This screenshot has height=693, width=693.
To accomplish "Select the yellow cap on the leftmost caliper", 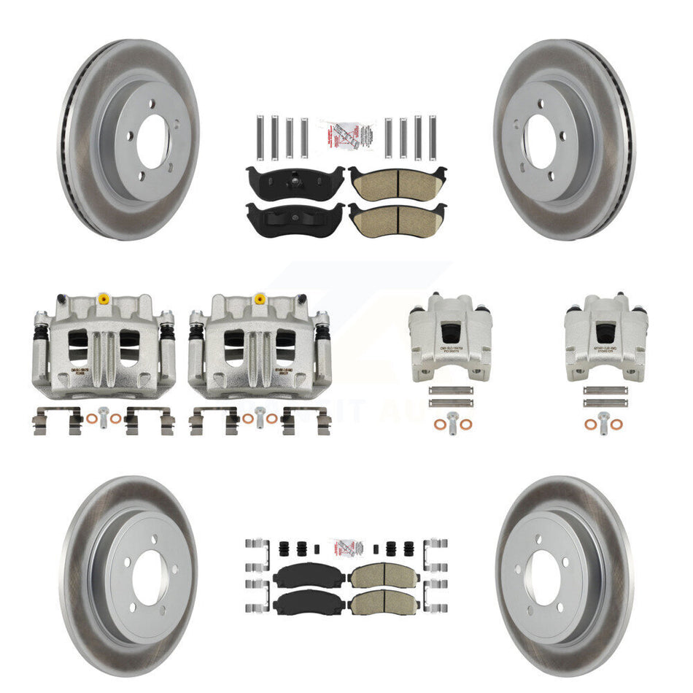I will [104, 299].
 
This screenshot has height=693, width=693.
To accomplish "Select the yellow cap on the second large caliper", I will [260, 299].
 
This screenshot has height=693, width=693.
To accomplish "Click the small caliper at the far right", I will [605, 336].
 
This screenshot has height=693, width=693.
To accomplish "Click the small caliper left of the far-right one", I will [450, 336].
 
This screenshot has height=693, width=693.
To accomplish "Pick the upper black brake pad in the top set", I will [295, 180].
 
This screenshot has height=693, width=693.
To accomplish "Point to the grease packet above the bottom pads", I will [346, 549].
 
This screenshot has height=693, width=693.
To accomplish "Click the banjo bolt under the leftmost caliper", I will [103, 419].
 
